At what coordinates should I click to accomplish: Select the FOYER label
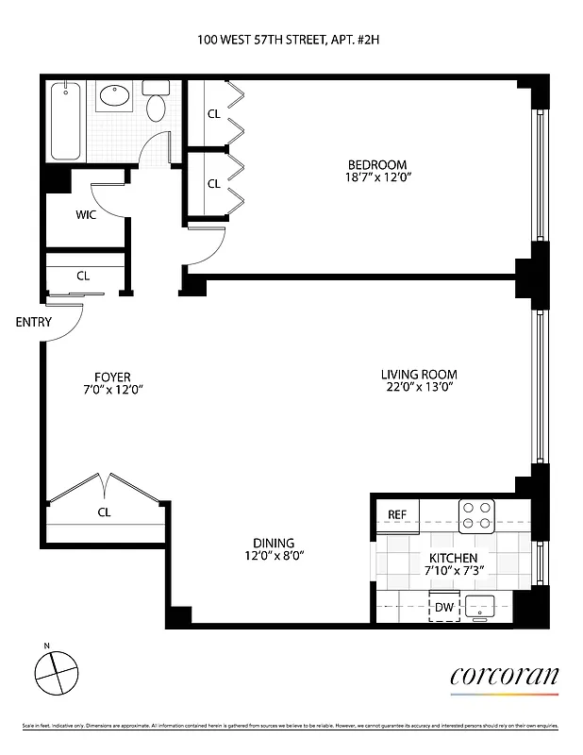click(x=111, y=375)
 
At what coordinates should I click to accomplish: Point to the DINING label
click(x=273, y=543)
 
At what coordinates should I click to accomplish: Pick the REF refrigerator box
click(x=397, y=514)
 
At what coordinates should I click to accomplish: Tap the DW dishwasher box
click(x=443, y=608)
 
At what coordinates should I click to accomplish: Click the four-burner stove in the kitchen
click(x=477, y=514)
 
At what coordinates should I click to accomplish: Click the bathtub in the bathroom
click(x=66, y=121)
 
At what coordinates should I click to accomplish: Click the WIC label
click(x=86, y=214)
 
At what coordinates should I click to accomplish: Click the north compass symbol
click(x=54, y=672)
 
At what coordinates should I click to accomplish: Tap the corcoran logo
click(x=504, y=677)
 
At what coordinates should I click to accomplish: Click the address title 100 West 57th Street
click(x=291, y=40)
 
